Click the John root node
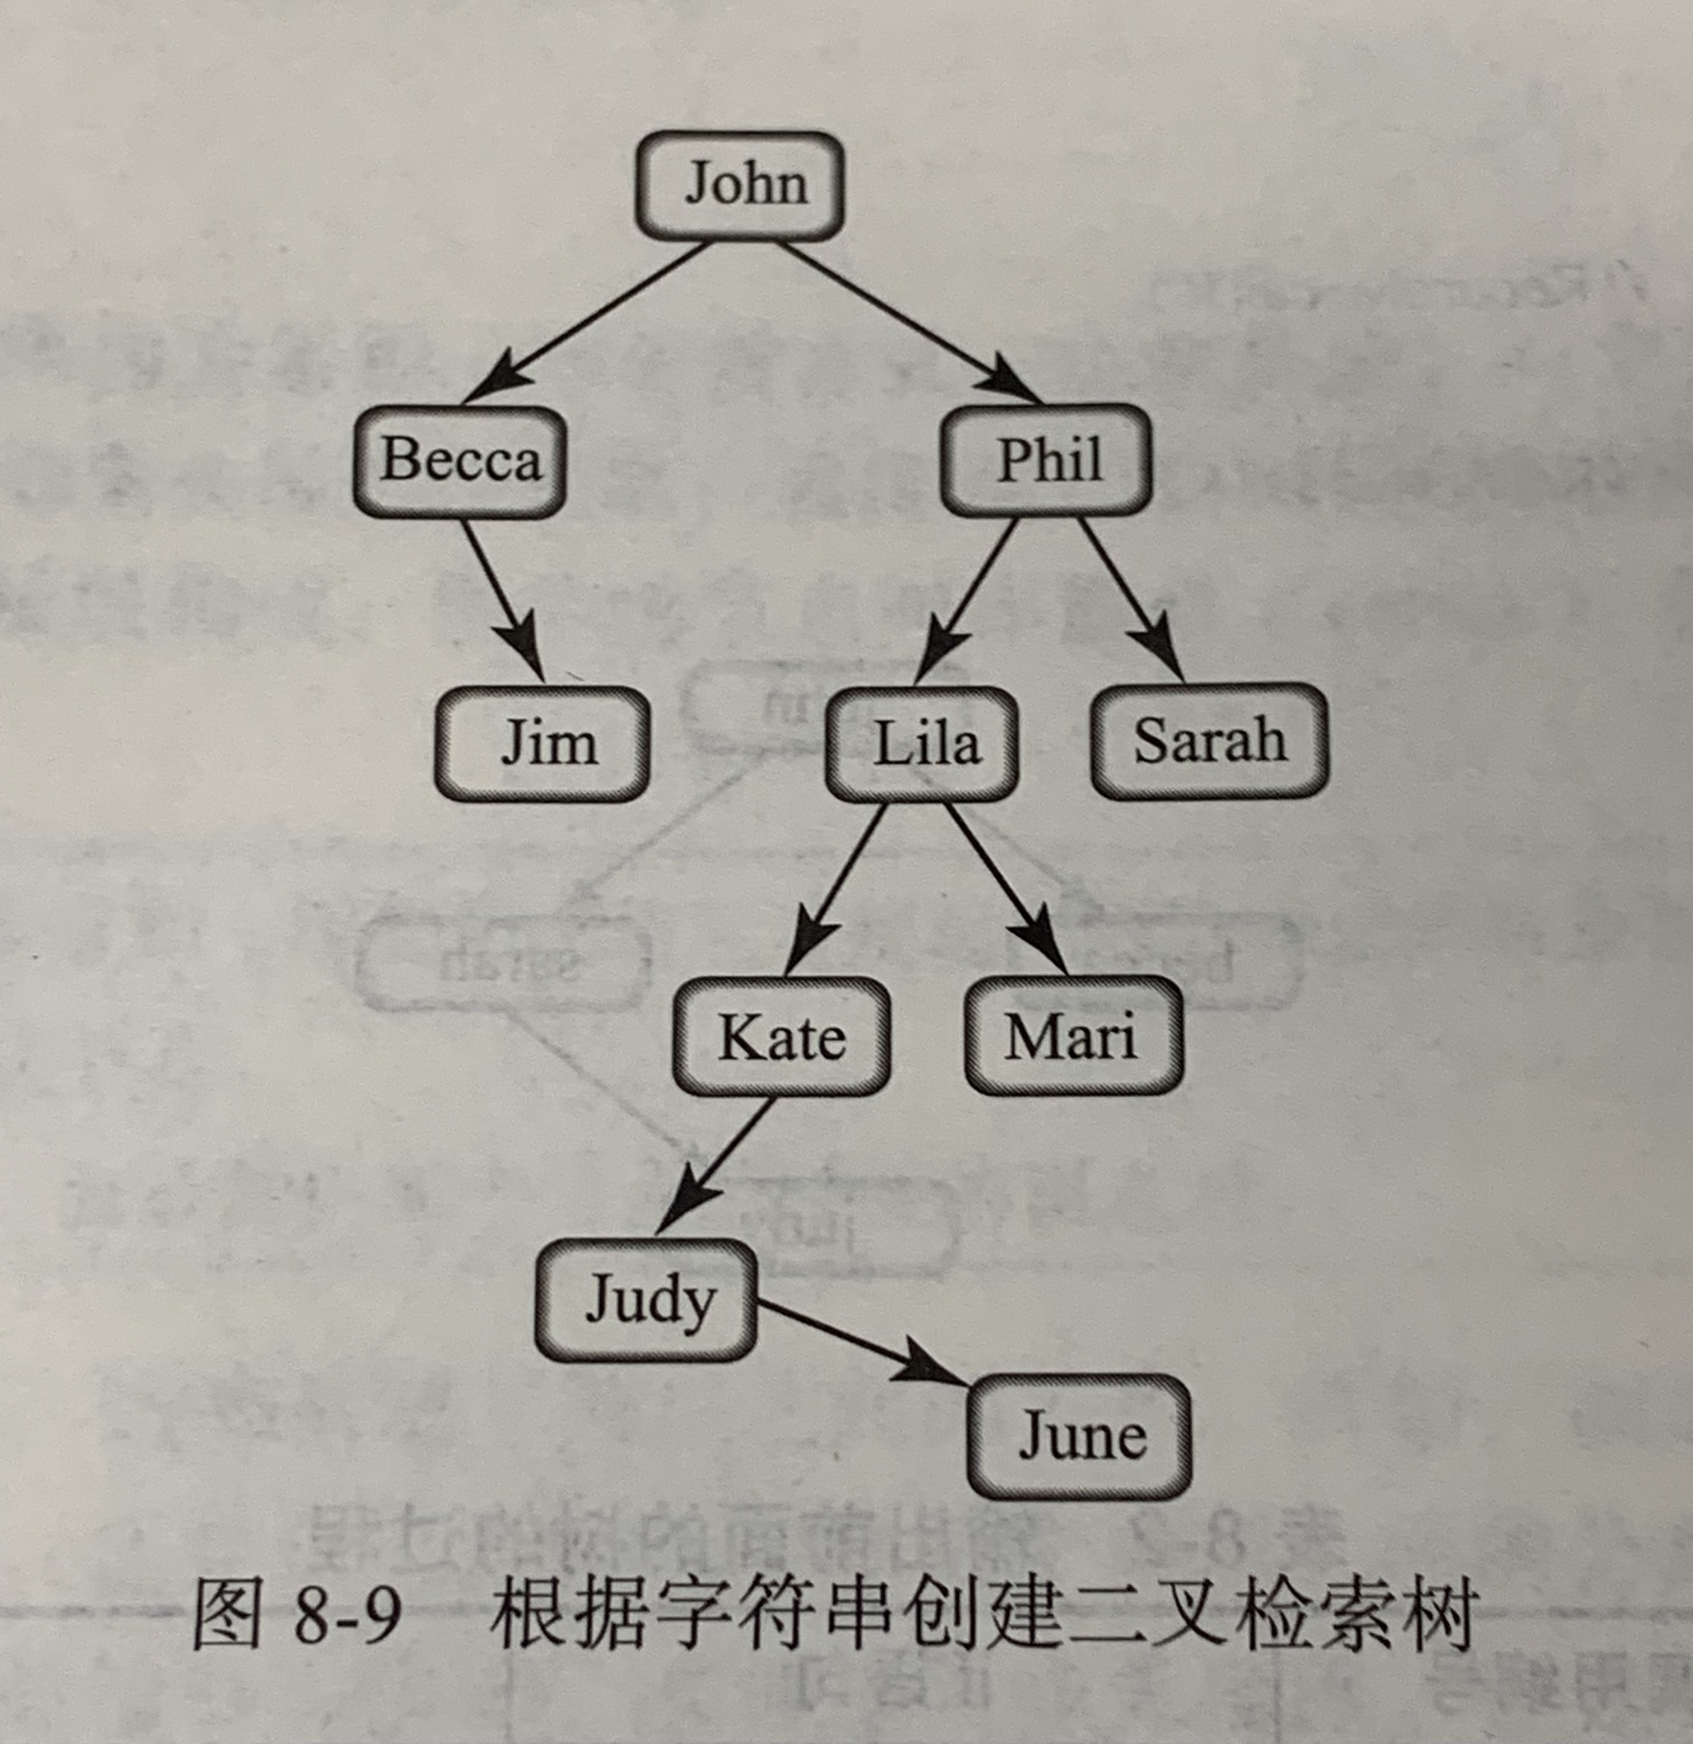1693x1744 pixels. [x=740, y=185]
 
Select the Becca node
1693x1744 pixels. [x=460, y=461]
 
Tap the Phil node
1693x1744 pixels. [x=1046, y=460]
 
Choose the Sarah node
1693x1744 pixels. [x=1209, y=740]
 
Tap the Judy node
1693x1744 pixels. [x=647, y=1300]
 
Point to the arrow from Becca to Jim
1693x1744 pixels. [x=503, y=601]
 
